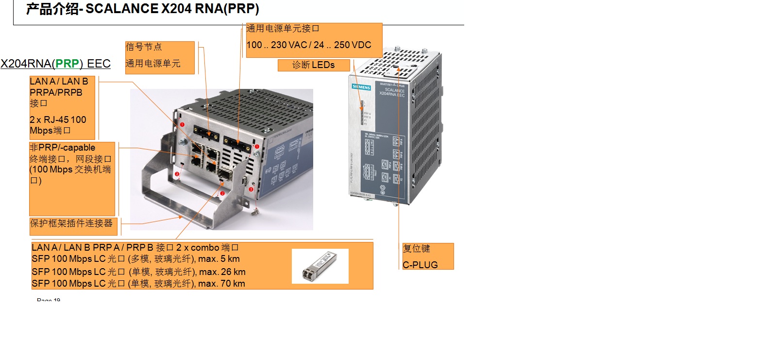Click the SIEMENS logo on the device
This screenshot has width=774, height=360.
pyautogui.click(x=361, y=87)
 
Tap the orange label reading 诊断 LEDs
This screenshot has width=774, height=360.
pyautogui.click(x=313, y=65)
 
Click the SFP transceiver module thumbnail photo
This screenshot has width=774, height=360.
pyautogui.click(x=320, y=266)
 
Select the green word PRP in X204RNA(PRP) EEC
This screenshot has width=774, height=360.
pyautogui.click(x=67, y=64)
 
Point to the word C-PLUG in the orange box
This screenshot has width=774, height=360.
pyautogui.click(x=420, y=265)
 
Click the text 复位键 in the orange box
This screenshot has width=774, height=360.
pyautogui.click(x=416, y=249)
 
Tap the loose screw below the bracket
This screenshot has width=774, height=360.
pyautogui.click(x=255, y=211)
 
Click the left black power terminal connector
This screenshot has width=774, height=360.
pyautogui.click(x=206, y=132)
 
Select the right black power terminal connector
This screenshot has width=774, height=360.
pyautogui.click(x=237, y=144)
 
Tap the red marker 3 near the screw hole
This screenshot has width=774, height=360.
pyautogui.click(x=251, y=189)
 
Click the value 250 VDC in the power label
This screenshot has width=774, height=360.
pyautogui.click(x=353, y=45)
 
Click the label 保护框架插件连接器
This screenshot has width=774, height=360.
pyautogui.click(x=71, y=223)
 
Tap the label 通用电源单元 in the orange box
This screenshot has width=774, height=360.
pyautogui.click(x=153, y=64)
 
